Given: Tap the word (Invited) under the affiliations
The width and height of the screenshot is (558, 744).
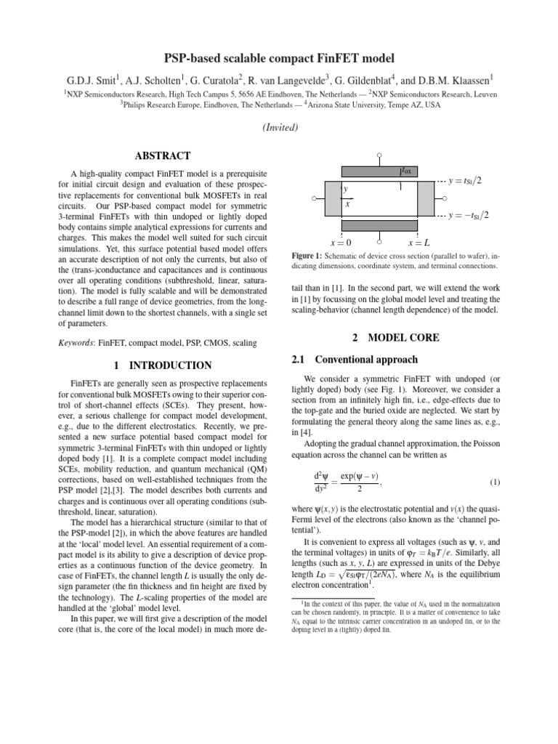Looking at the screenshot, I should pyautogui.click(x=279, y=127).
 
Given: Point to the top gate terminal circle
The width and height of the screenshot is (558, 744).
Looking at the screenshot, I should pyautogui.click(x=379, y=155).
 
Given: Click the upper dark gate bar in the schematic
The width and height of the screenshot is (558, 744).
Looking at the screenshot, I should pyautogui.click(x=379, y=172).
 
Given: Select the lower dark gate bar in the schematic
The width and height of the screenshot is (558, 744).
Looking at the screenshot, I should pyautogui.click(x=379, y=225).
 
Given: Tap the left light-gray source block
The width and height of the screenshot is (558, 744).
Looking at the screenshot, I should pyautogui.click(x=331, y=198).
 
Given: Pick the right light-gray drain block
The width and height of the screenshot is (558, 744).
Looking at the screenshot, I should pyautogui.click(x=425, y=198).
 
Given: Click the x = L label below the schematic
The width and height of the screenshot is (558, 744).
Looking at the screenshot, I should pyautogui.click(x=419, y=242).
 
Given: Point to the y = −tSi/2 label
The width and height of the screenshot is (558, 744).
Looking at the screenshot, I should pyautogui.click(x=469, y=215).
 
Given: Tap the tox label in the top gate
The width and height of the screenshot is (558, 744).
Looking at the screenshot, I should pyautogui.click(x=405, y=171).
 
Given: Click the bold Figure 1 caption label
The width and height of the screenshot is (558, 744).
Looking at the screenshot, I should pyautogui.click(x=310, y=256).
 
